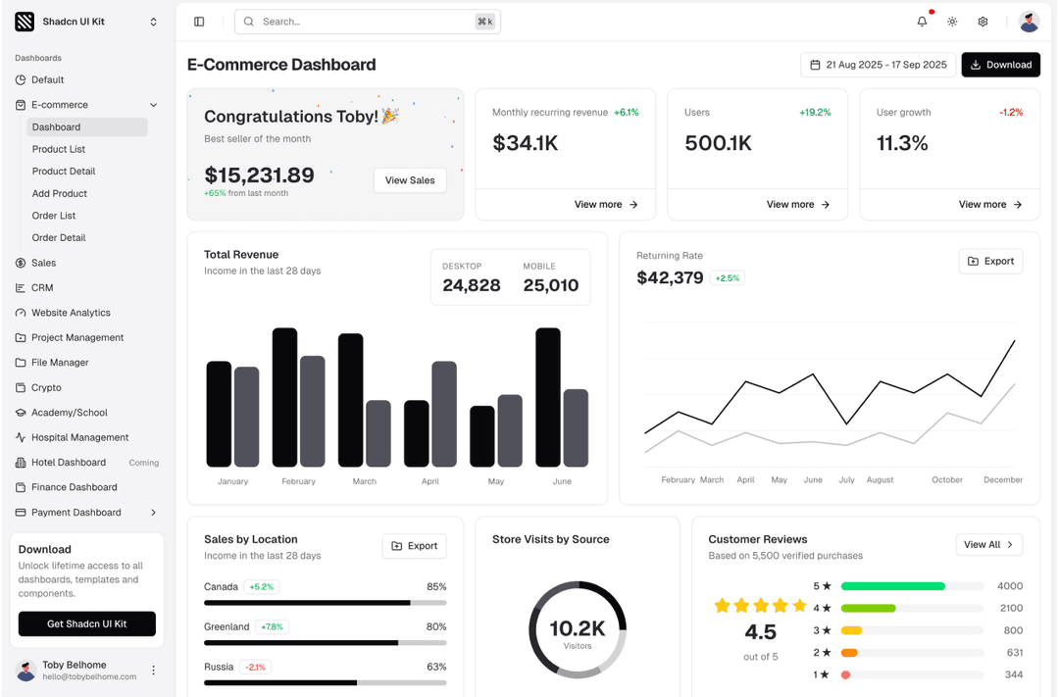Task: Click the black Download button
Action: (x=1000, y=65)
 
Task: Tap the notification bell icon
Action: (x=922, y=22)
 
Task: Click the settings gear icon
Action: (x=983, y=22)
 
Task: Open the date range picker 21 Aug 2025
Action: (x=878, y=65)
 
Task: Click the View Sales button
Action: (x=410, y=180)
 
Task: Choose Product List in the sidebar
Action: (x=59, y=149)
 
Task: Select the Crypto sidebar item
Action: (x=46, y=387)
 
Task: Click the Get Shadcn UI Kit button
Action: (x=87, y=623)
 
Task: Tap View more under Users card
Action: (x=797, y=205)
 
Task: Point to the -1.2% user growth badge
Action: (x=1010, y=113)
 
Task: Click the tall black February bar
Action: (x=284, y=397)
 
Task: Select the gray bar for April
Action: (x=444, y=414)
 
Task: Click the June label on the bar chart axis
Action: (x=562, y=481)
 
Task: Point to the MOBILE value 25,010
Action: (x=550, y=285)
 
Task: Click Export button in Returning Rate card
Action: (x=990, y=262)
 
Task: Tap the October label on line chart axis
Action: (x=946, y=480)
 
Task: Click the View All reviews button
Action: (x=988, y=545)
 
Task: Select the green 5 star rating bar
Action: (x=892, y=586)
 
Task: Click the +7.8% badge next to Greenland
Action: (x=272, y=627)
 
